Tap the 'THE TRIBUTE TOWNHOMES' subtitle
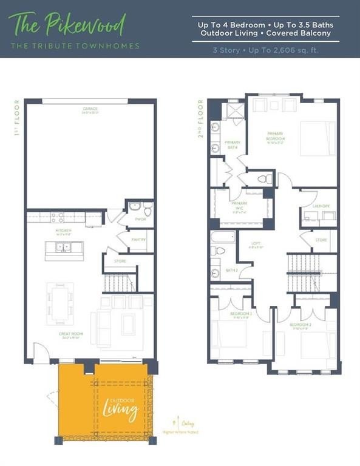click(74, 46)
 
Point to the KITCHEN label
click(64, 231)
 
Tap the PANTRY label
click(138, 240)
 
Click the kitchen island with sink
click(64, 248)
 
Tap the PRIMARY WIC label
click(239, 205)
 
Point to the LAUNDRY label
click(321, 206)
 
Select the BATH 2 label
click(231, 270)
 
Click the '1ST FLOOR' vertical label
click(18, 118)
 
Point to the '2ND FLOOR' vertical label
click(200, 118)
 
